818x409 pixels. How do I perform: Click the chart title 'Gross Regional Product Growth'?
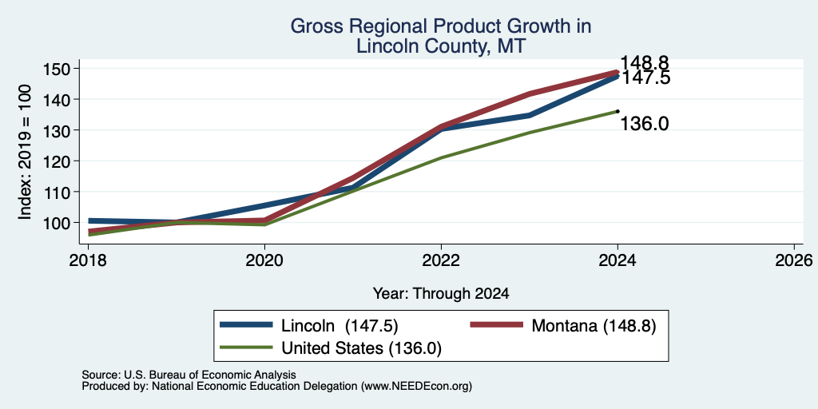[440, 26]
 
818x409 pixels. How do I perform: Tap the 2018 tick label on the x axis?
[88, 260]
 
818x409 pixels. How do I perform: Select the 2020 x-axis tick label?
[264, 260]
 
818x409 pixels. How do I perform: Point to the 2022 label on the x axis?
[441, 260]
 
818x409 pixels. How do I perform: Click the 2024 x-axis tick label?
[617, 260]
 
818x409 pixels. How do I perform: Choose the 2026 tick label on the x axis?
[794, 260]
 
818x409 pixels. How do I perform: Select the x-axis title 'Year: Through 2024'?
[441, 294]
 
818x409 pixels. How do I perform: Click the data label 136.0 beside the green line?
[645, 124]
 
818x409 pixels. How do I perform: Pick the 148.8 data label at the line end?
[645, 63]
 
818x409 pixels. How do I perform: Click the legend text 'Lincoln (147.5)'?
[340, 326]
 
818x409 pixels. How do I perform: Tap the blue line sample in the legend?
[246, 325]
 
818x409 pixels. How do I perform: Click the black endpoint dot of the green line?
[617, 110]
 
